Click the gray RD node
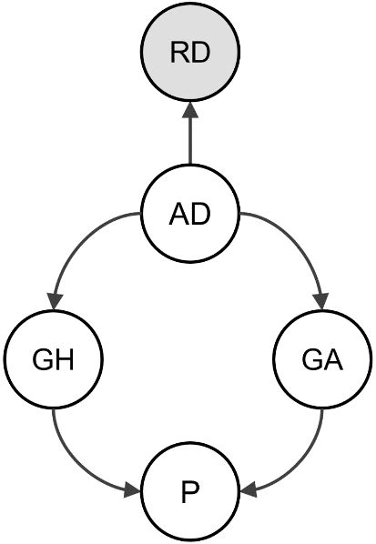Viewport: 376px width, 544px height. point(190,52)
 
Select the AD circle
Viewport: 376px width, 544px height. point(190,216)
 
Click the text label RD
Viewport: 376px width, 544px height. point(190,53)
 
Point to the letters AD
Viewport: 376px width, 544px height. point(190,217)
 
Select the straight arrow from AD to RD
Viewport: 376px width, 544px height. point(190,136)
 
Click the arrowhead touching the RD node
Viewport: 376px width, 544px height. point(190,109)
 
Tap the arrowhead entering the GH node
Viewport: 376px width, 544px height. point(56,299)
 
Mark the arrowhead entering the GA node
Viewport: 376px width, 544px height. point(320,299)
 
